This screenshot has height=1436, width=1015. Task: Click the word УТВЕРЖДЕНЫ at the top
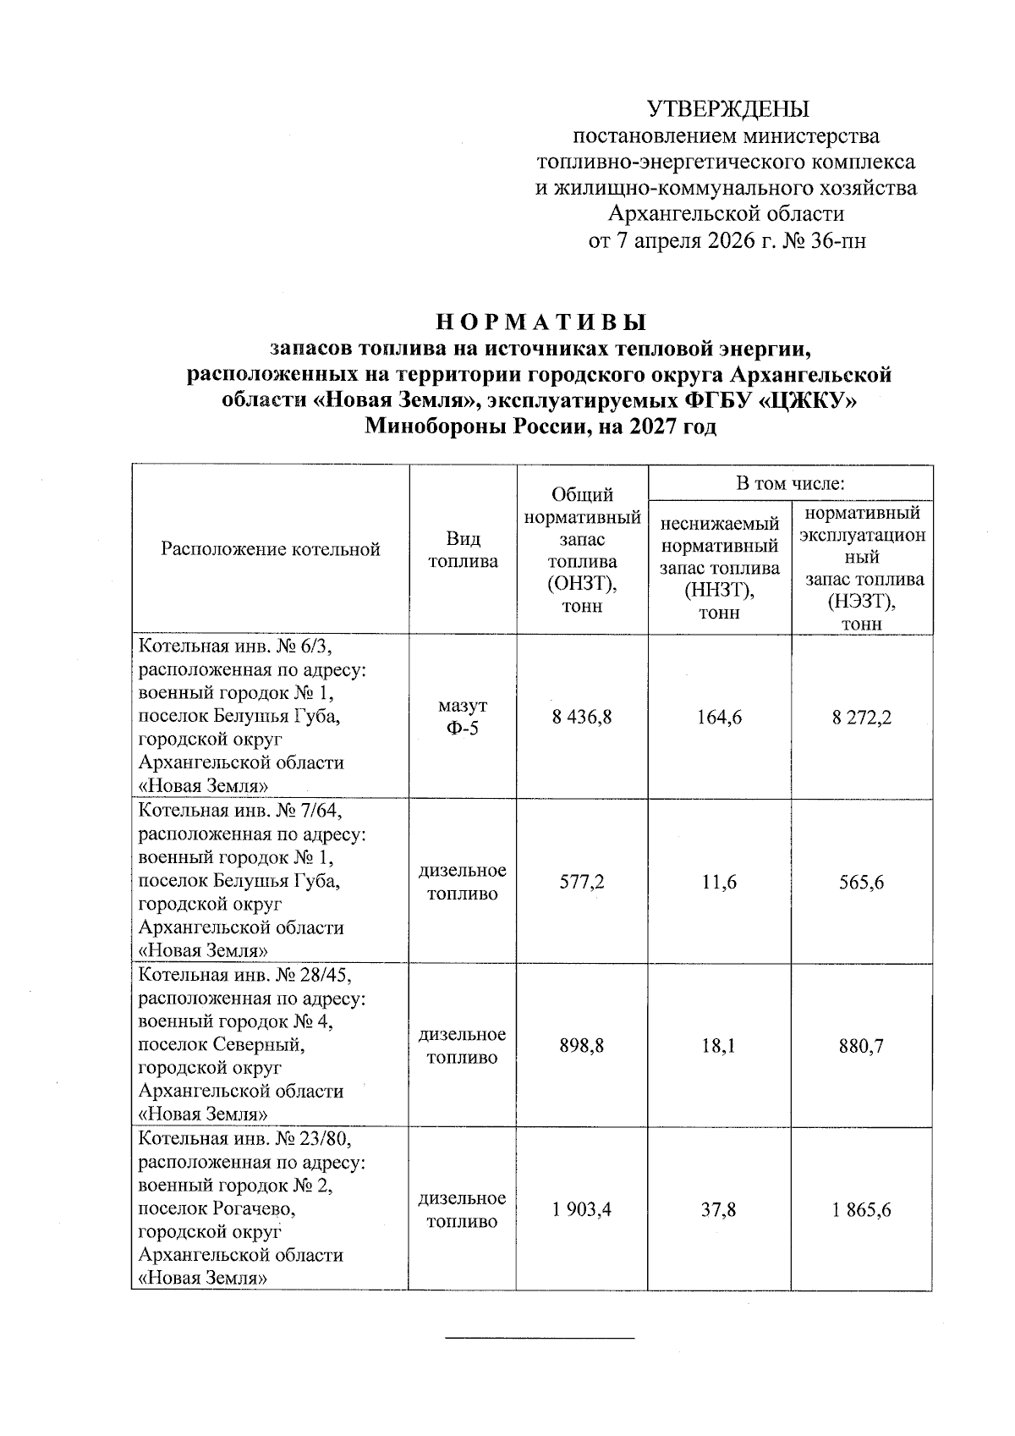click(727, 109)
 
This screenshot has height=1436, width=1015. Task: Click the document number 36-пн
click(837, 241)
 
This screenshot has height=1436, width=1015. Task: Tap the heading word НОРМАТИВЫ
click(540, 322)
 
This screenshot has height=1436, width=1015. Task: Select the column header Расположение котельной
click(271, 549)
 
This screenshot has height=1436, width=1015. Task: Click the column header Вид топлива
click(463, 550)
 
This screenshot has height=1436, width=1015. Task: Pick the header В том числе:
click(790, 483)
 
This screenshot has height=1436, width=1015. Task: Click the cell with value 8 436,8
click(582, 718)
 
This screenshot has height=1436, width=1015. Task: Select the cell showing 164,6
click(719, 718)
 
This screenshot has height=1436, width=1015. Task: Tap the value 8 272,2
click(861, 718)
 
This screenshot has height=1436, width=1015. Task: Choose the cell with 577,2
click(582, 882)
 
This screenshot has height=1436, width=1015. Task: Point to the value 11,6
click(719, 882)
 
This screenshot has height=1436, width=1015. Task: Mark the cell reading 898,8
click(582, 1046)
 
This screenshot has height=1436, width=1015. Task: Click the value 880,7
click(861, 1046)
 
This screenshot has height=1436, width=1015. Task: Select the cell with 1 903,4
click(582, 1210)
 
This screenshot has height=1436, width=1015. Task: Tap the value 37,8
click(719, 1210)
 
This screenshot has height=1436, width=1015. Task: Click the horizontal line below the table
click(540, 1338)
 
